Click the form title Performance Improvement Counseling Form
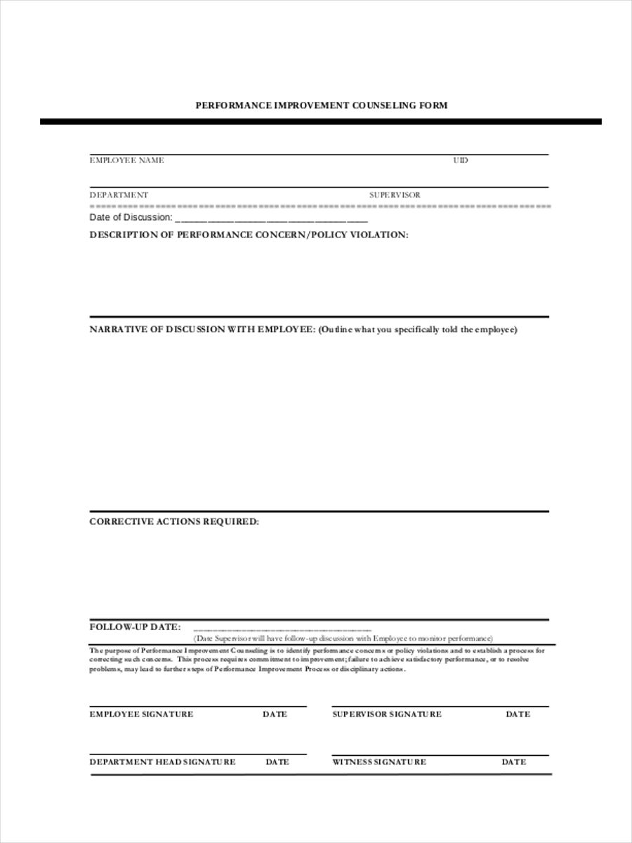[321, 105]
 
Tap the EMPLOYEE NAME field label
[126, 160]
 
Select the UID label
[461, 160]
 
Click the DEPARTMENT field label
[119, 195]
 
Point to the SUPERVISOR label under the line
[395, 195]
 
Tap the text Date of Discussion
[130, 218]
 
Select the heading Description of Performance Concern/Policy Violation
[249, 235]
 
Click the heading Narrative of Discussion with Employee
[202, 329]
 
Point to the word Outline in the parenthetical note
[338, 329]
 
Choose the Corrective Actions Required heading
[174, 522]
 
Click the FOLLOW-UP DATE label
[135, 627]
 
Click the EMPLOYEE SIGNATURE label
[141, 714]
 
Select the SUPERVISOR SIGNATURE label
[387, 714]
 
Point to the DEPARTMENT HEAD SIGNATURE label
[162, 762]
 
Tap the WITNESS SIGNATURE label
[379, 762]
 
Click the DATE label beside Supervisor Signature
[518, 714]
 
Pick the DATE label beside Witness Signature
[513, 762]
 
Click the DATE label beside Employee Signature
[275, 714]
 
